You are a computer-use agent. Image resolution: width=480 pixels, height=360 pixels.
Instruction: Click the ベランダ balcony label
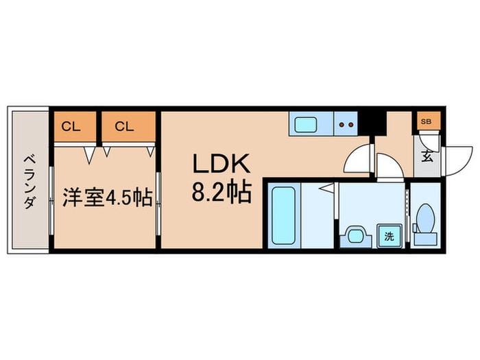pos(29,182)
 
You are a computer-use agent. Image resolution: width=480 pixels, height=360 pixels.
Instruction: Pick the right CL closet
pos(128,127)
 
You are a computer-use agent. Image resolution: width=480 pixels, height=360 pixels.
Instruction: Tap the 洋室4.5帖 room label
pos(107,197)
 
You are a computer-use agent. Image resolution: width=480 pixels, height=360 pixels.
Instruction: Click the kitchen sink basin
pos(304,125)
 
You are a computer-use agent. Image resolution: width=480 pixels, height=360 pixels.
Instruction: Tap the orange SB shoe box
pos(426,121)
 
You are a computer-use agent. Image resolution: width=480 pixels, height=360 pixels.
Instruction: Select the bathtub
pos(282,214)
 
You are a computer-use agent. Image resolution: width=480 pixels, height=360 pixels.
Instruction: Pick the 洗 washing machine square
pos(389,237)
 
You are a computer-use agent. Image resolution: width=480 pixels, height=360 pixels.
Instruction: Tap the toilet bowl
pos(425,218)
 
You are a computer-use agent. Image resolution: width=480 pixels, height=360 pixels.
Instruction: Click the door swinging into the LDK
pos(358,161)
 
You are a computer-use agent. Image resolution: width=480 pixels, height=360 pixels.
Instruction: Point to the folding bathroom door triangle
pos(329,186)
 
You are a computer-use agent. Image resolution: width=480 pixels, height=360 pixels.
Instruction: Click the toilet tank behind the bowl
pos(426,239)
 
